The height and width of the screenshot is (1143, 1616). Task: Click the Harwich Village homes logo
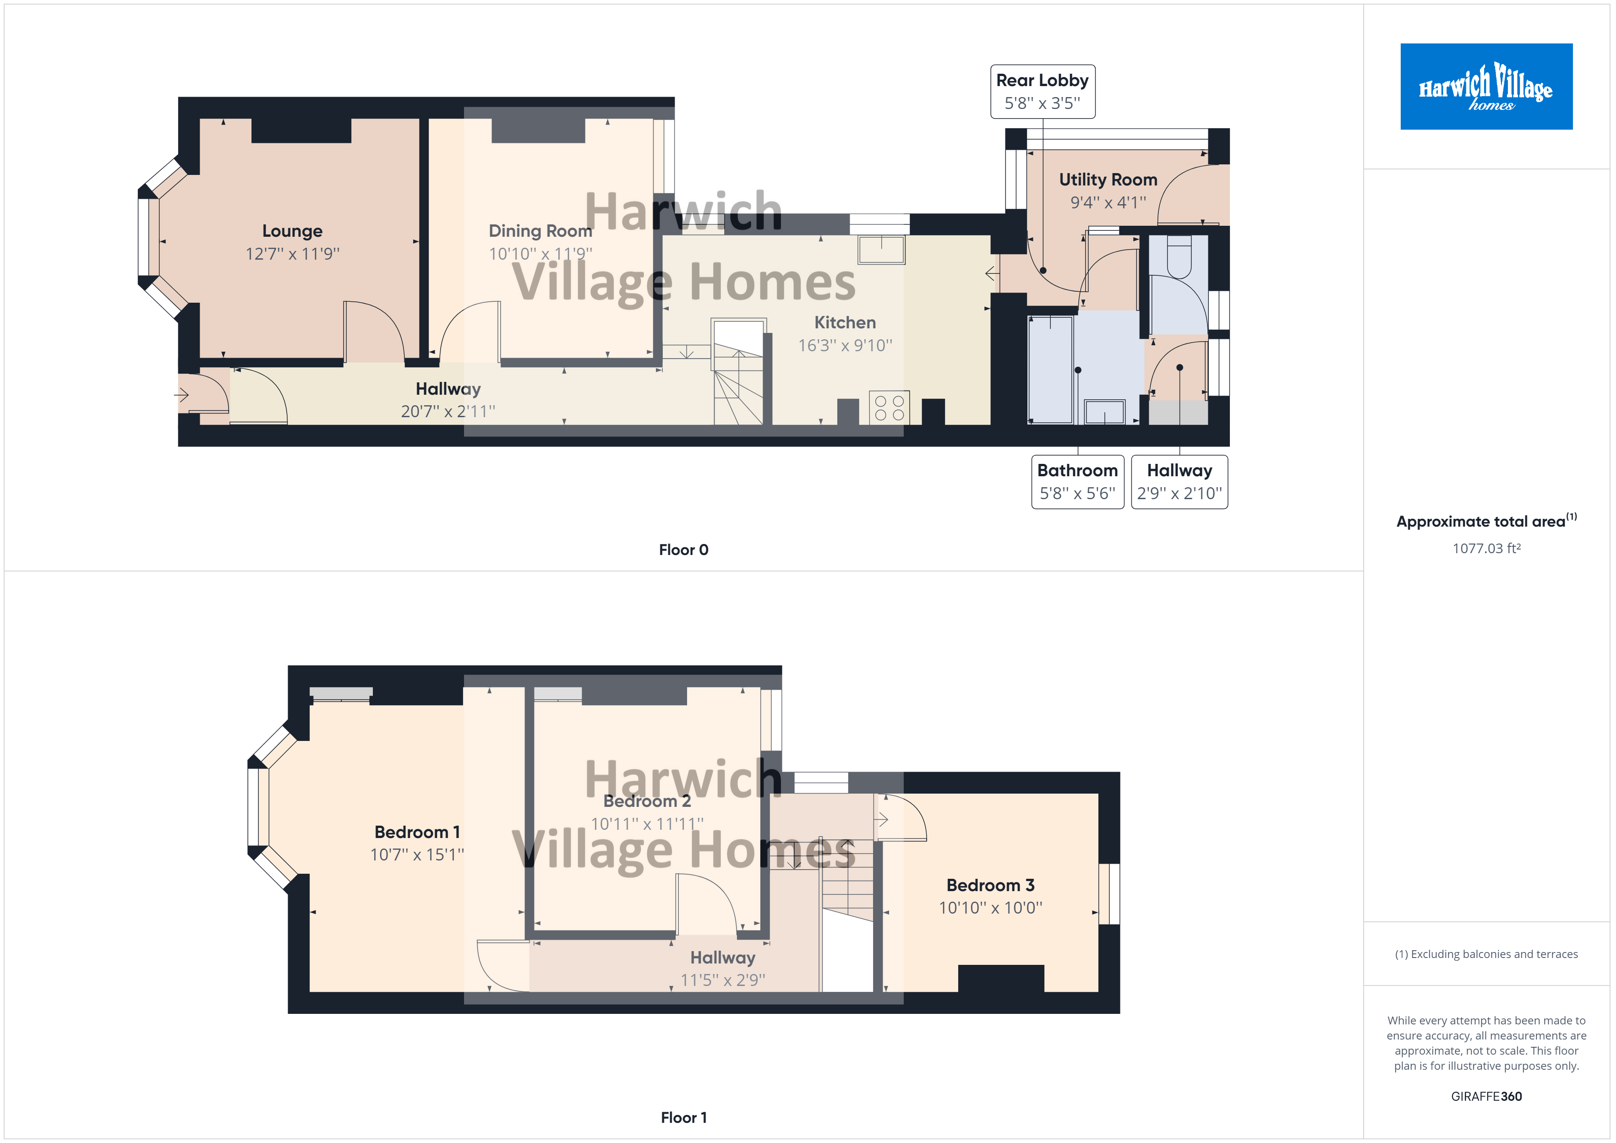click(x=1486, y=87)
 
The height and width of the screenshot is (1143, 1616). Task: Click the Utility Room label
click(x=1108, y=180)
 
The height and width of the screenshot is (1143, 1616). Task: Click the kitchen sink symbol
click(x=881, y=249)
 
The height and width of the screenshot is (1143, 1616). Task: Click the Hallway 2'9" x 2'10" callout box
click(x=1179, y=481)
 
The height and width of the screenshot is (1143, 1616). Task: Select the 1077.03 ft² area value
click(x=1486, y=548)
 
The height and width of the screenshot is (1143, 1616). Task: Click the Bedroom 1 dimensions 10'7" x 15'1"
click(x=417, y=855)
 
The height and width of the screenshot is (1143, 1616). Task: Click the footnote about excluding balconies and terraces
click(x=1486, y=954)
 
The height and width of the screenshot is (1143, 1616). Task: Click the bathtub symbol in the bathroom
click(x=1050, y=370)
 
